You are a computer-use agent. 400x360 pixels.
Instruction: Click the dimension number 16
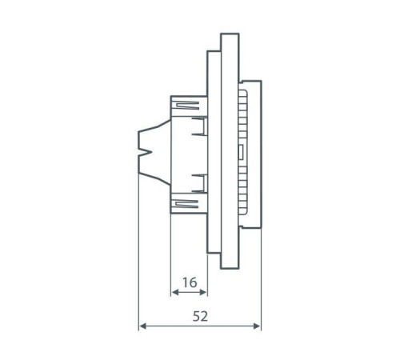189,282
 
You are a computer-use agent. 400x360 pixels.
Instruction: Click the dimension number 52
200,316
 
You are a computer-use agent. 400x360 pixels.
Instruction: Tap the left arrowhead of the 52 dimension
142,326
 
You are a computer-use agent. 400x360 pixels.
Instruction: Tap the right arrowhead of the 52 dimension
257,326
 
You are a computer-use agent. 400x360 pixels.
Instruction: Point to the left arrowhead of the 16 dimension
174,293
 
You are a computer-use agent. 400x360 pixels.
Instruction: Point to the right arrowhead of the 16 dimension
204,293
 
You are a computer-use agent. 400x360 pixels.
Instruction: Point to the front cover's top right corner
260,81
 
